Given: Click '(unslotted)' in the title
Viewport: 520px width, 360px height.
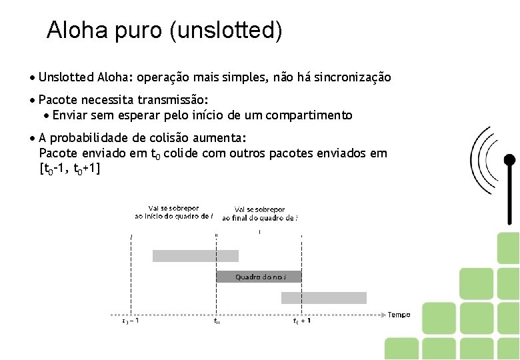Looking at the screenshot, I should [x=227, y=31].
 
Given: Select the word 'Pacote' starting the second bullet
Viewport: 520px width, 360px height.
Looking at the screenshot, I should [x=57, y=100].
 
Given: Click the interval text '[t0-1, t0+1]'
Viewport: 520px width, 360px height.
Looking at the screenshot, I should [x=70, y=169].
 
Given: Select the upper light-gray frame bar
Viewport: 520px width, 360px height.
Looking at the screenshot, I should [x=195, y=255].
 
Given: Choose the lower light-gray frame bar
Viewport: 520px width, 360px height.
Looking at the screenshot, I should [x=323, y=298].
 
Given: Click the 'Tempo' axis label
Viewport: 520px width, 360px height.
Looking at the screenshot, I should [x=399, y=315].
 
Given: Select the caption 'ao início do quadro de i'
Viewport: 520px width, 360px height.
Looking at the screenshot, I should [x=173, y=216].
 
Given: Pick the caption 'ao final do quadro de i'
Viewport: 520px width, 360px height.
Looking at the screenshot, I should [x=259, y=217].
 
